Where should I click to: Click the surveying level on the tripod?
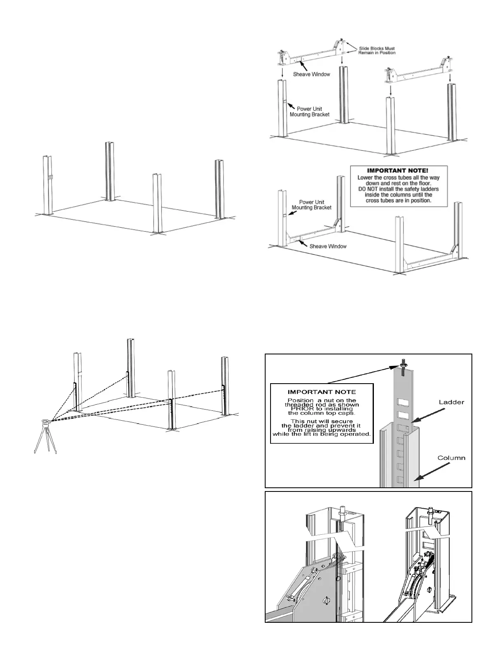(46, 422)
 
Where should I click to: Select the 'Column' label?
(451, 458)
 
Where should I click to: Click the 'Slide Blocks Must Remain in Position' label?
(377, 50)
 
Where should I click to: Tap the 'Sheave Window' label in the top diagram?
(311, 75)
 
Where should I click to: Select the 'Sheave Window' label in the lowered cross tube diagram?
(327, 246)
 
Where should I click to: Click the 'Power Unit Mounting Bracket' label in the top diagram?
(310, 112)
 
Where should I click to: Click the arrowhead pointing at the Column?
(415, 479)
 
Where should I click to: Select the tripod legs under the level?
(45, 440)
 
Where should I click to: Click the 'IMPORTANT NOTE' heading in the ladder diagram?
(322, 392)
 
